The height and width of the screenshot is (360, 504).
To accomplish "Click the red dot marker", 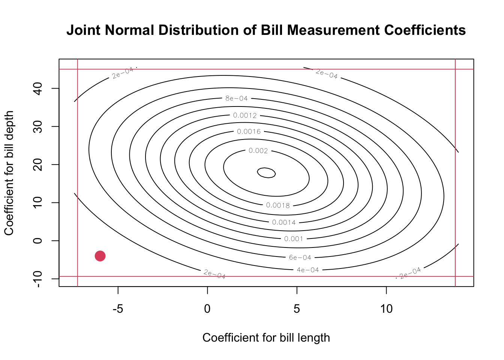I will [x=100, y=256].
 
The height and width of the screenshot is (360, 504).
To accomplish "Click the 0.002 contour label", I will [x=258, y=151].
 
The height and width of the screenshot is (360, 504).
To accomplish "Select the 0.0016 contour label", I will [x=249, y=132].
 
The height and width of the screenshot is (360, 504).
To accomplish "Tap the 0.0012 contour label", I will [x=245, y=115].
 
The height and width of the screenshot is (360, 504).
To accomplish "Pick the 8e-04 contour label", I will [x=236, y=99].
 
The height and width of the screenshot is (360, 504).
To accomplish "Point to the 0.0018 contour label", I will [x=278, y=205].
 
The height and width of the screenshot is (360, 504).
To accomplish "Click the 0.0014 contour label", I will [x=284, y=222].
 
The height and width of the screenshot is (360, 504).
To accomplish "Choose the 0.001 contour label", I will [x=293, y=239].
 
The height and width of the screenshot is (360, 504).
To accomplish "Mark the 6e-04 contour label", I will [x=300, y=258].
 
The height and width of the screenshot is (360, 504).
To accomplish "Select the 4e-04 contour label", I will [x=307, y=270].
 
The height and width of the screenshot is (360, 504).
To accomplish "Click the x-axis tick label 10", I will [x=386, y=309].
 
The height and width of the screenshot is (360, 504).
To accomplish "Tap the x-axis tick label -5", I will [x=118, y=309].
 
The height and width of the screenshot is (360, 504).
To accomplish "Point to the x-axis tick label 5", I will [x=297, y=309].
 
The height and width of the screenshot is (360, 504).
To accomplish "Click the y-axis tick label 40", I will [x=37, y=88].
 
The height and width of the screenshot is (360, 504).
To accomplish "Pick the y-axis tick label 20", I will [x=37, y=165].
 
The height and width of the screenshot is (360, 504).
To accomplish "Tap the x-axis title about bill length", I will [x=266, y=338].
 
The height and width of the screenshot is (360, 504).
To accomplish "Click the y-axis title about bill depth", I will [x=9, y=173].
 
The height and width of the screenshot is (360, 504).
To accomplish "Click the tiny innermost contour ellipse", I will [x=266, y=172].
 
